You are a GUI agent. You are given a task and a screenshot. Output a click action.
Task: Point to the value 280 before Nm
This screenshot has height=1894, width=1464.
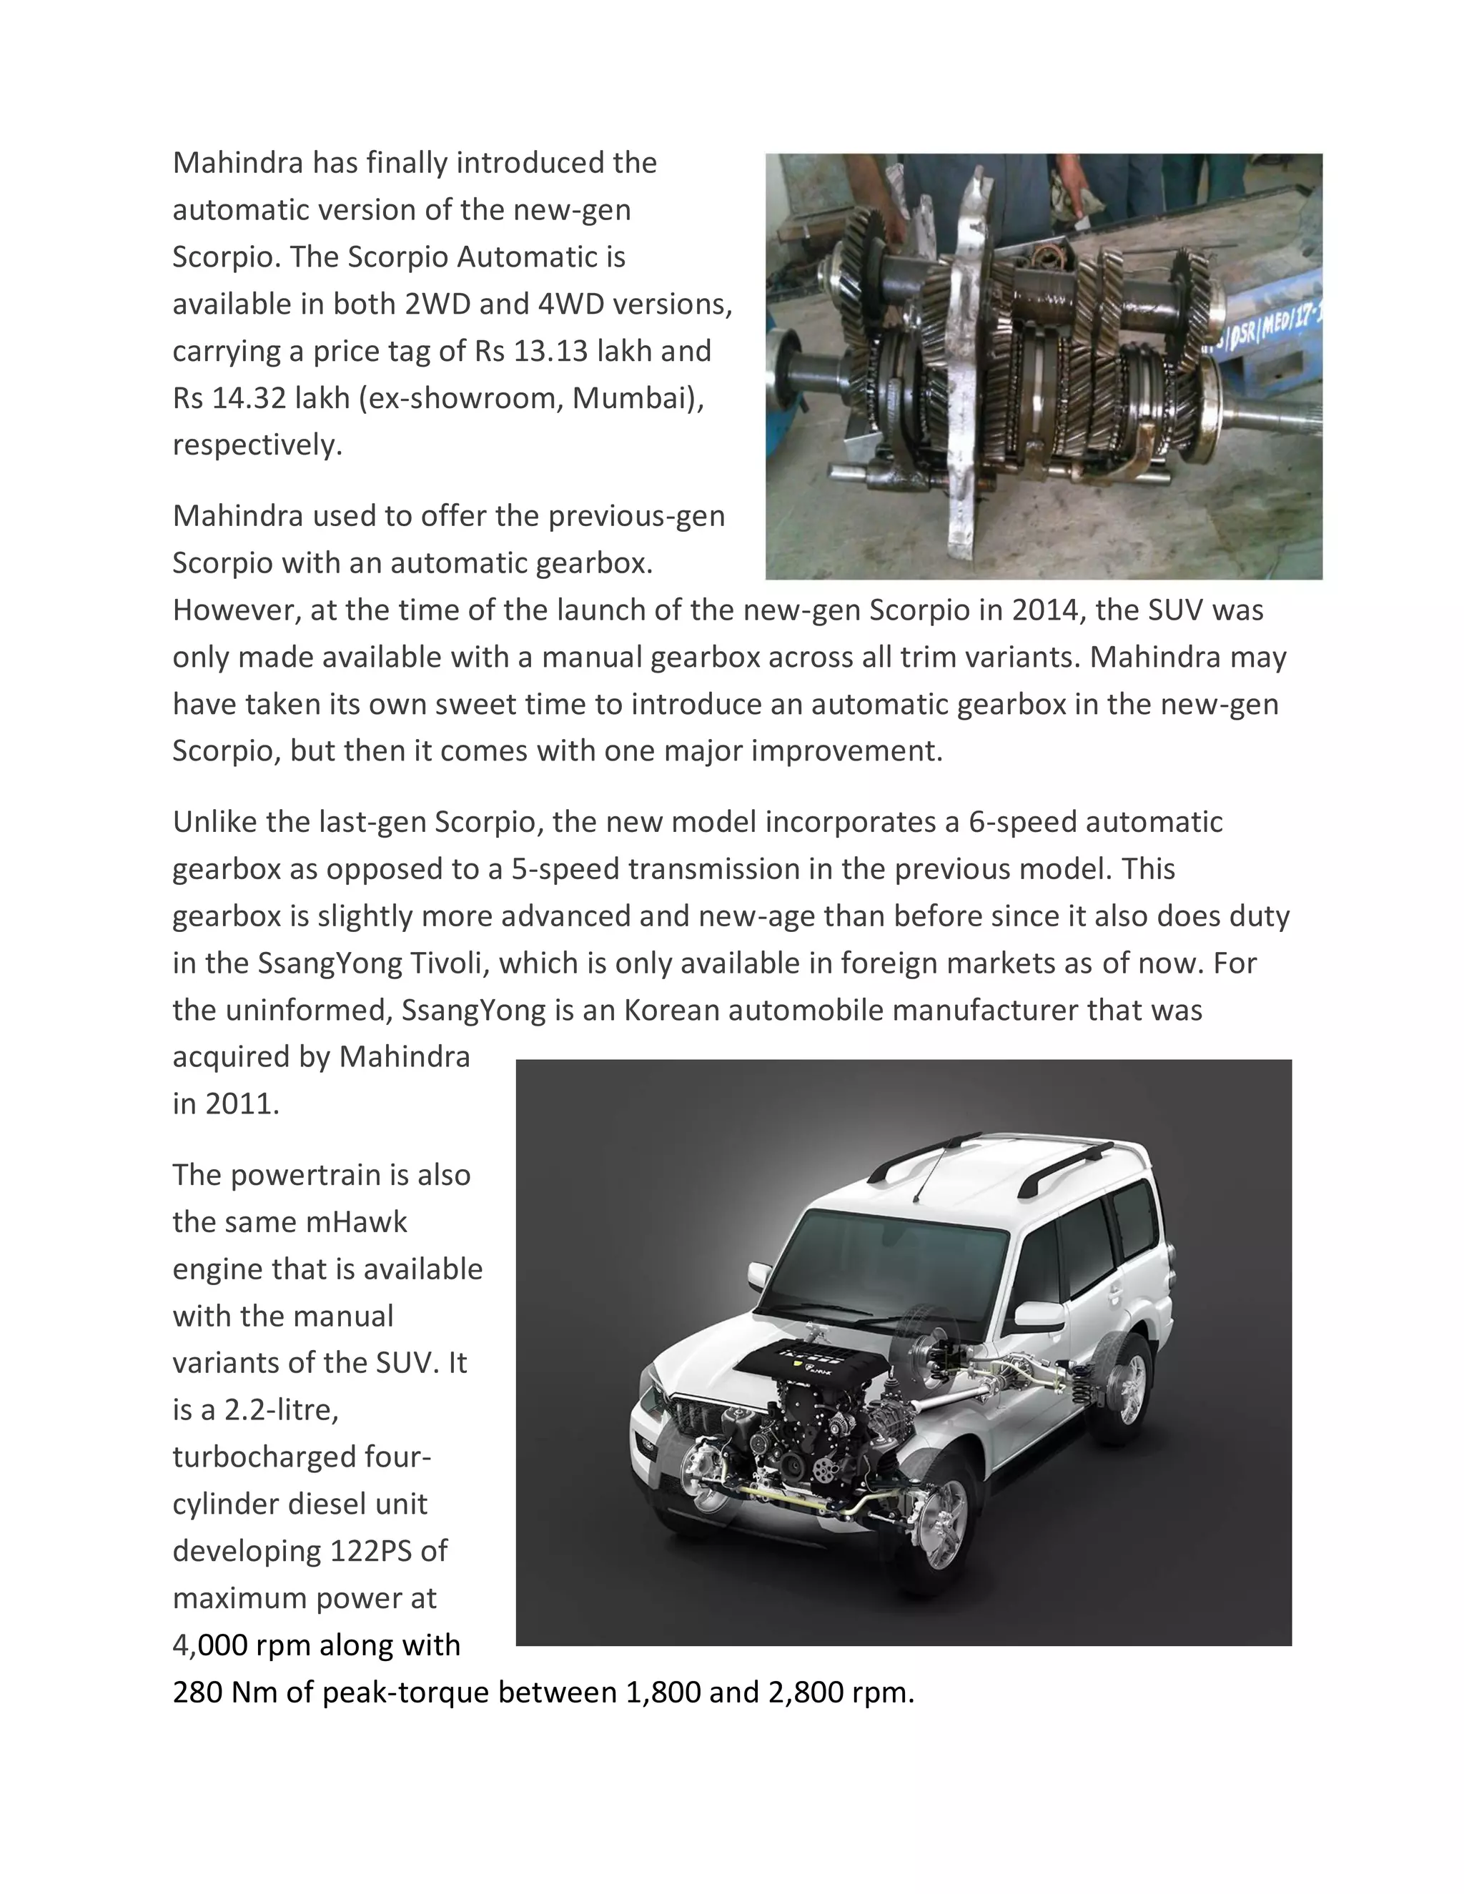198,1692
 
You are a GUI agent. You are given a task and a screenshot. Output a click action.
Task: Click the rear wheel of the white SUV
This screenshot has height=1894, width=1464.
1129,1389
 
